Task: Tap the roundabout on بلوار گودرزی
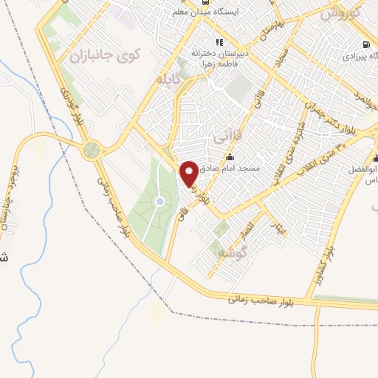(x=92, y=151)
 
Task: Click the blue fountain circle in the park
(x=159, y=202)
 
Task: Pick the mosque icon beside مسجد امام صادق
(x=230, y=157)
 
